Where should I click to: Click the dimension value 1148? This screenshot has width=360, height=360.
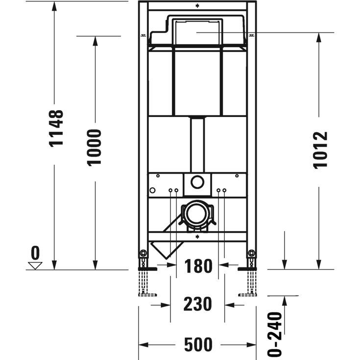56,128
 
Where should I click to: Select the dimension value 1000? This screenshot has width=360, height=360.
95,147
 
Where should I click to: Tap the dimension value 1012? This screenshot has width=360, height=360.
319,150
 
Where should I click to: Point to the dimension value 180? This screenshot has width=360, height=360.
198,266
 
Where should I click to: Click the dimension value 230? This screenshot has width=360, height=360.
198,304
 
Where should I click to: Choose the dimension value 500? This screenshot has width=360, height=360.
198,345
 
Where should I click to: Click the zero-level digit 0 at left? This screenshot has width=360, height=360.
35,253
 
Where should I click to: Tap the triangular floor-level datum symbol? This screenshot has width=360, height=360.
35,265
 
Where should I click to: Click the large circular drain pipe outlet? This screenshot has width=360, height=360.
197,214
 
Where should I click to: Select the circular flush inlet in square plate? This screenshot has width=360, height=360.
197,183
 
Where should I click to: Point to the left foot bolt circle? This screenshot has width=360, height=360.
143,253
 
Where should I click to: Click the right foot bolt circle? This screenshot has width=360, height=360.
251,253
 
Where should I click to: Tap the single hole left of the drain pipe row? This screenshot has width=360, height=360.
152,190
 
